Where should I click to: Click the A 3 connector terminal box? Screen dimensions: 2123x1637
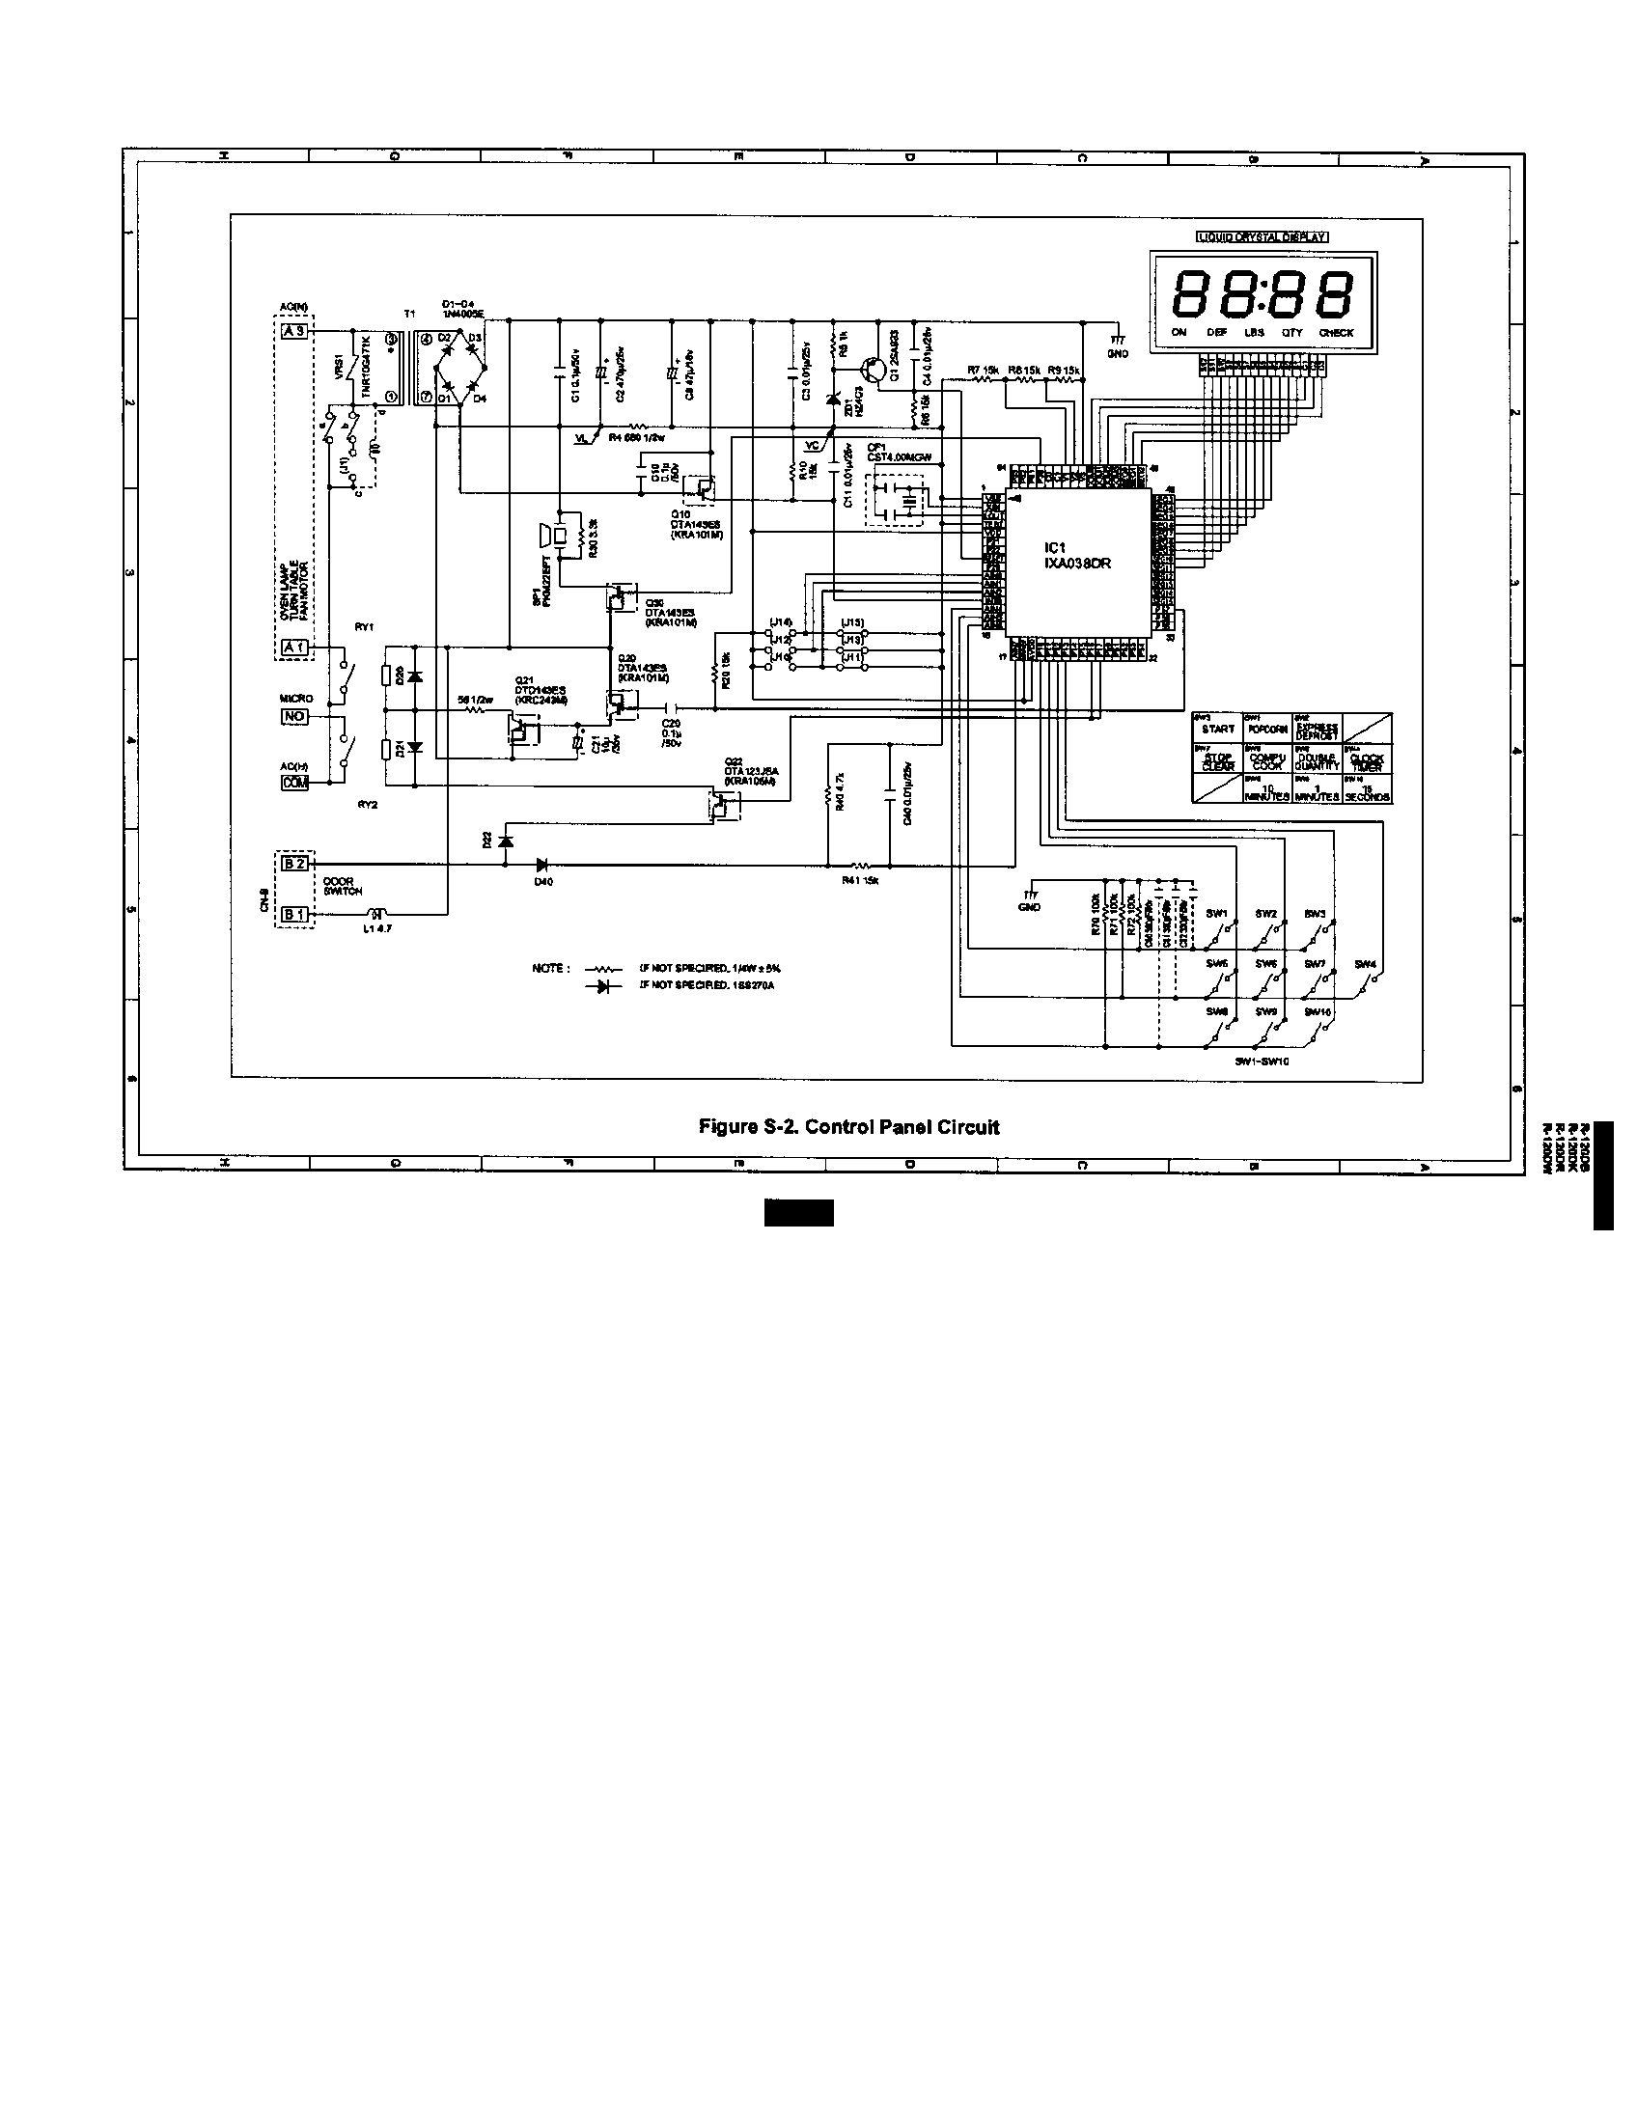[293, 331]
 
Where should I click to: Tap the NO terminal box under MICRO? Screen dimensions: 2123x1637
[293, 717]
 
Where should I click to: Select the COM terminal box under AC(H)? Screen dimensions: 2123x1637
[293, 782]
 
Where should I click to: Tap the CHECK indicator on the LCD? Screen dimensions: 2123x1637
[1336, 334]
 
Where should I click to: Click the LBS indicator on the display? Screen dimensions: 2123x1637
[1254, 334]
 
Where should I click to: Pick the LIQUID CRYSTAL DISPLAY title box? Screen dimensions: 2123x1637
[1261, 236]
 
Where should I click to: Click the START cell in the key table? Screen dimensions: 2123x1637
[1217, 729]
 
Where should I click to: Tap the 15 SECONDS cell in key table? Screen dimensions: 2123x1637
[1367, 792]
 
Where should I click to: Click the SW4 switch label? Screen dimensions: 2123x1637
[1365, 964]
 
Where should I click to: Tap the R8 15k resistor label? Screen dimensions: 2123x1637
[1024, 370]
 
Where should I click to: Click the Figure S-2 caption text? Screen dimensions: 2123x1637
[848, 1127]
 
